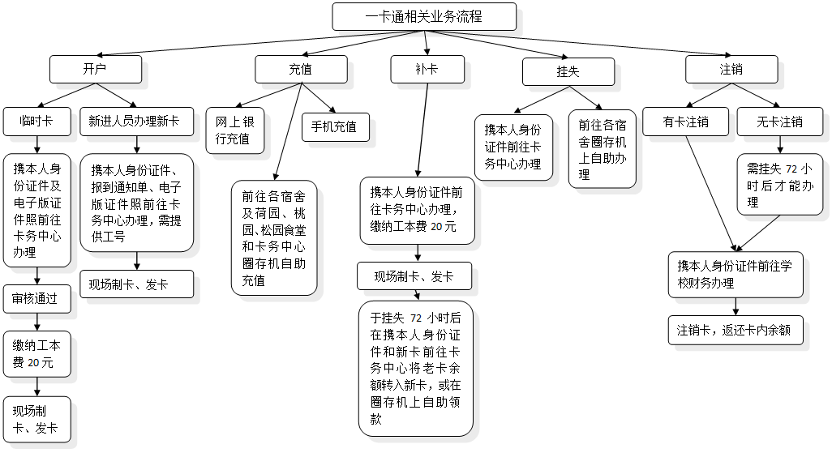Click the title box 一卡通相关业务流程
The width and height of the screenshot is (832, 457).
click(x=424, y=16)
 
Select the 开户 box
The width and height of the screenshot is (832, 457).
click(x=95, y=69)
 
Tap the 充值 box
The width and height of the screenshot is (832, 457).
click(x=301, y=70)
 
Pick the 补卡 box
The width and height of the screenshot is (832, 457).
click(x=427, y=70)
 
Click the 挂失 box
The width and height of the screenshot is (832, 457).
click(x=567, y=71)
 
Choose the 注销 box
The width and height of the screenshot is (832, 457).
click(x=731, y=70)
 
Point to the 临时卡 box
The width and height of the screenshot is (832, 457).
click(x=37, y=122)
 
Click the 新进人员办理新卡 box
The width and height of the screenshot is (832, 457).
click(x=136, y=122)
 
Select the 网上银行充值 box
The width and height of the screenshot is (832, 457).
click(x=234, y=130)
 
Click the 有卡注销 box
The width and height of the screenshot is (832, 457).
click(x=686, y=122)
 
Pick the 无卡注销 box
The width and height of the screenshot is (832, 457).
click(x=779, y=122)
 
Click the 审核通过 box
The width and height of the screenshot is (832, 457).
click(x=36, y=299)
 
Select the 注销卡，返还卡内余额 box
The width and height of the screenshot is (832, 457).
click(x=735, y=330)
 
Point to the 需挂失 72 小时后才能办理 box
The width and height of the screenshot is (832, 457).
click(x=779, y=186)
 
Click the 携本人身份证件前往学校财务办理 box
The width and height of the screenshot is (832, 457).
click(x=736, y=274)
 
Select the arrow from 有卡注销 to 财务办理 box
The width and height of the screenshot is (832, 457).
click(x=711, y=190)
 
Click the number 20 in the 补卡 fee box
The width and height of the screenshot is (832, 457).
click(x=437, y=227)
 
